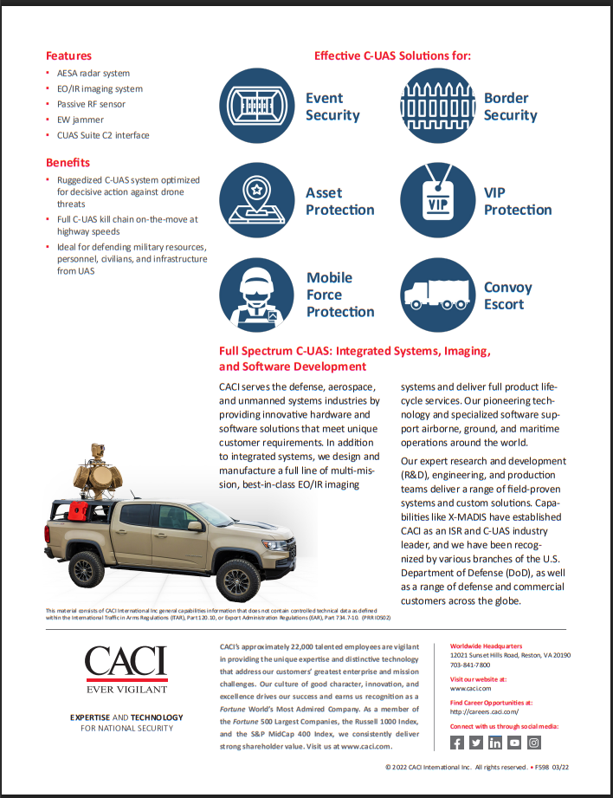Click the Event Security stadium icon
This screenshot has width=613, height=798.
click(256, 106)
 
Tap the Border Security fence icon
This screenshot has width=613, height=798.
click(437, 106)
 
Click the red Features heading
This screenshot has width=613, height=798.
click(68, 55)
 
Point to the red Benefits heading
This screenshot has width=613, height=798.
click(68, 163)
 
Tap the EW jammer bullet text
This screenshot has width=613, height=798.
click(81, 120)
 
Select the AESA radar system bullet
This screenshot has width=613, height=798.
click(94, 74)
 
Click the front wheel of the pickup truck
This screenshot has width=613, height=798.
click(237, 578)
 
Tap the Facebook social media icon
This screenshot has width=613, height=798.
click(458, 743)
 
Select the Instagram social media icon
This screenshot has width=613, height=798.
click(534, 743)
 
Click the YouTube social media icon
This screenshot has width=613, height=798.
click(515, 743)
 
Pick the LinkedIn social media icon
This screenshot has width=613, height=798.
click(496, 743)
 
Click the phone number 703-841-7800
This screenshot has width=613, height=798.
click(470, 665)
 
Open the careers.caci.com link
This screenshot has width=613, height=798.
click(484, 711)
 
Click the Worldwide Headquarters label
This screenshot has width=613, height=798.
click(486, 646)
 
